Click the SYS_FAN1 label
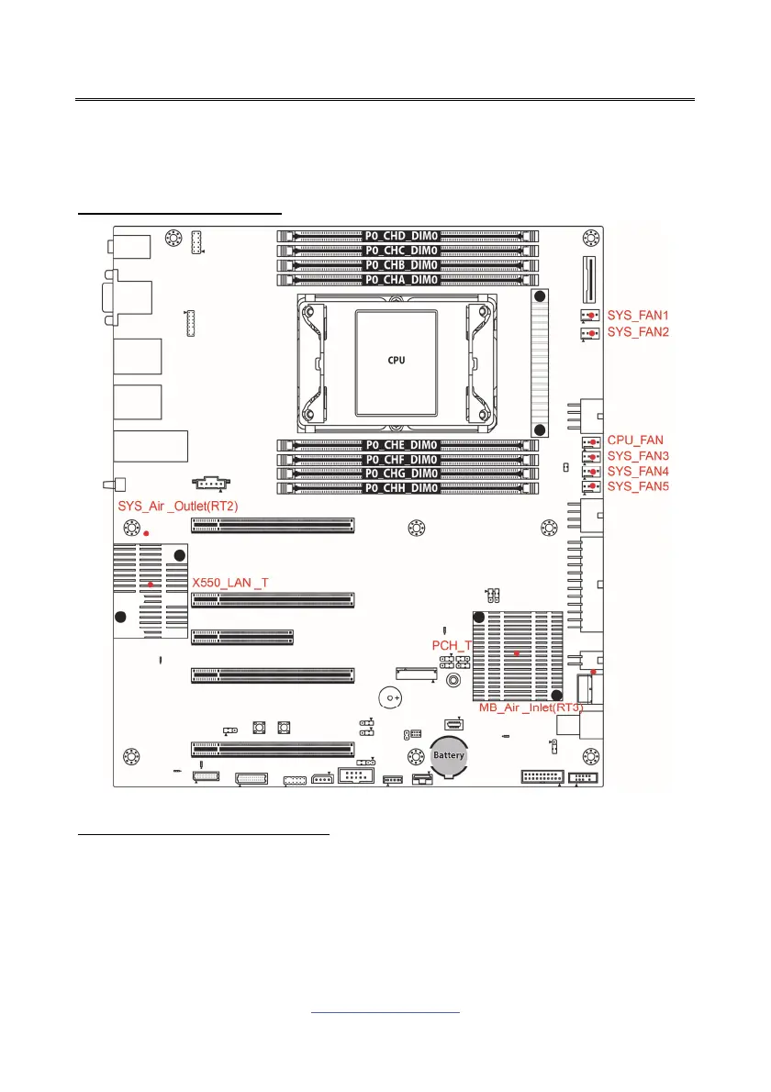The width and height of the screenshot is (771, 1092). pos(638,316)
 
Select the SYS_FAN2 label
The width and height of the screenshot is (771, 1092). pos(638,331)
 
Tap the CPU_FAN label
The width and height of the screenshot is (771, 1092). pos(635,440)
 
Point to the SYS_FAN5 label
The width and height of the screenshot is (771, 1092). pos(638,485)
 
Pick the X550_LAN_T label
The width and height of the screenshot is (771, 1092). pos(229,583)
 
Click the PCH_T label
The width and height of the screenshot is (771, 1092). pos(453,645)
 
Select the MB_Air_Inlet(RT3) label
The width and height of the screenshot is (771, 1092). pos(531,708)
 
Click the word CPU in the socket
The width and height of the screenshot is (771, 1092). pos(395,360)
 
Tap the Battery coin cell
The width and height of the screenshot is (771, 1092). pos(450,755)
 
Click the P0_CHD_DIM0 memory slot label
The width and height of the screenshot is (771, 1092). pos(401,236)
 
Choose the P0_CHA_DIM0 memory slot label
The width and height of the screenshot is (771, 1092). pos(401,279)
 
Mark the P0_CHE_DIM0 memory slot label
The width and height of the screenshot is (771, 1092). pos(401,445)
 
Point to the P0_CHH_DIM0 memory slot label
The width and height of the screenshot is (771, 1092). pos(401,488)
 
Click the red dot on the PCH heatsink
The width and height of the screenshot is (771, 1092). pos(517,653)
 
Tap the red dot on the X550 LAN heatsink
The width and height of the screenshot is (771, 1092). pos(151,584)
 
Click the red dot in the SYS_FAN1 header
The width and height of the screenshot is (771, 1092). pos(592,317)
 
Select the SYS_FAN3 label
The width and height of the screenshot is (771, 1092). pos(638,456)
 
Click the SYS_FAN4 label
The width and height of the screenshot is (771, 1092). pos(638,471)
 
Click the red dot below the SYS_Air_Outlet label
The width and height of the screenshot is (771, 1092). pos(145,532)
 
